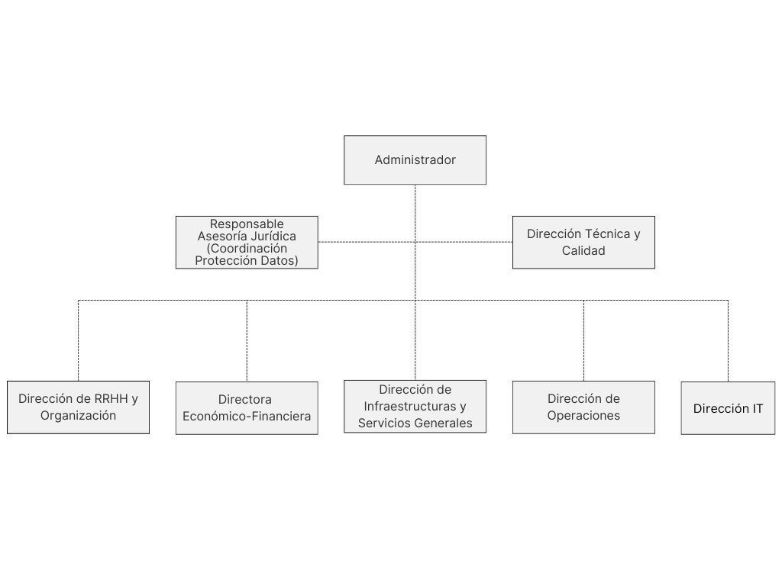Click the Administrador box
click(415, 160)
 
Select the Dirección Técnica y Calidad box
click(583, 242)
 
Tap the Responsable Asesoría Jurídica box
click(247, 242)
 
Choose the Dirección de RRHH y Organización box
click(79, 407)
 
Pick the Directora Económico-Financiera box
click(247, 408)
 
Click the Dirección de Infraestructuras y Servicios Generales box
click(415, 407)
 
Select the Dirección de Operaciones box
click(583, 407)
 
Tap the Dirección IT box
click(728, 408)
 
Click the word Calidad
click(583, 250)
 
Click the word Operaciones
click(583, 416)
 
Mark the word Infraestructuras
click(410, 407)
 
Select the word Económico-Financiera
click(247, 416)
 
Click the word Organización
click(79, 416)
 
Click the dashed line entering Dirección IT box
click(728, 341)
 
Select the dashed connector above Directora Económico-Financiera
click(247, 341)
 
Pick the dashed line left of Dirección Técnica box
click(464, 242)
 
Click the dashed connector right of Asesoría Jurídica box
click(367, 242)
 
